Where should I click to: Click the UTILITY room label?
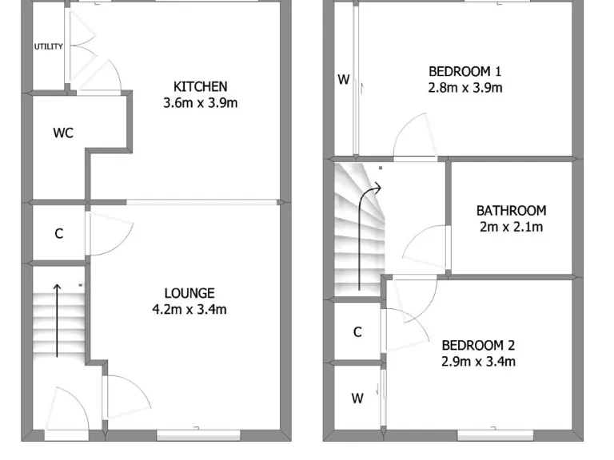click(x=48, y=46)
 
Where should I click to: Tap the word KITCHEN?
click(x=201, y=86)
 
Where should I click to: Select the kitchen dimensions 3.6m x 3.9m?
click(x=201, y=102)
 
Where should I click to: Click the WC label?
click(x=63, y=133)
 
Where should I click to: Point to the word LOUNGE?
click(x=189, y=293)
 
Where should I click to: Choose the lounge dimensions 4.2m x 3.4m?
click(x=189, y=309)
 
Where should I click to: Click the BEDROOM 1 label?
click(x=465, y=71)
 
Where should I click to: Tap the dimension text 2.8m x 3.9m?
click(x=465, y=87)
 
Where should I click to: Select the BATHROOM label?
click(x=511, y=211)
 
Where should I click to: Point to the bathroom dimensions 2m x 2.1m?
click(x=511, y=227)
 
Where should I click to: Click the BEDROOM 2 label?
click(x=478, y=345)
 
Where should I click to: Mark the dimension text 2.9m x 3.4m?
click(x=478, y=361)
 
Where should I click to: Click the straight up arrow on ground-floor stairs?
click(x=57, y=319)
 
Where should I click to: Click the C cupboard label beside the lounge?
click(x=58, y=234)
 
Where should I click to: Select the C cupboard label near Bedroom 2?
click(x=357, y=332)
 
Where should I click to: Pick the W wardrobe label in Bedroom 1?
click(x=343, y=79)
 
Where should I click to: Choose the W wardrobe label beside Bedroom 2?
click(x=357, y=398)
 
